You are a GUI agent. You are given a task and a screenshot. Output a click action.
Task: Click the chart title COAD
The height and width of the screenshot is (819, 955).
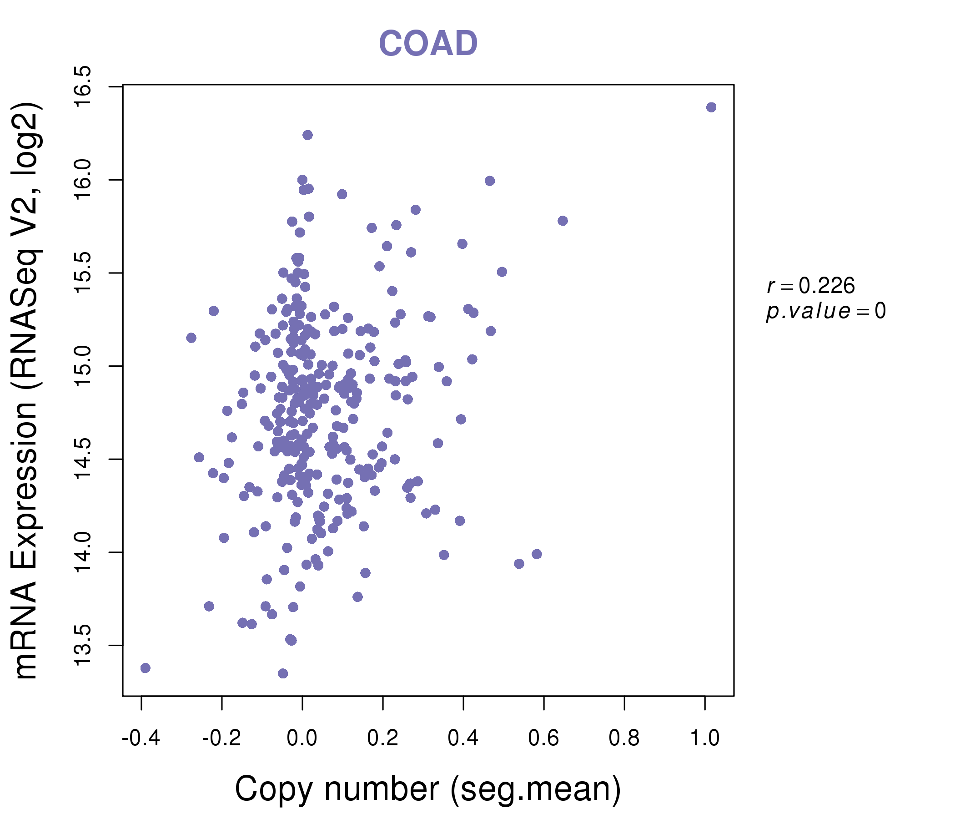tap(428, 44)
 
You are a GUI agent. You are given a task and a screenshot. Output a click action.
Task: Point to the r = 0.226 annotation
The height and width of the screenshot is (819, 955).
tap(811, 286)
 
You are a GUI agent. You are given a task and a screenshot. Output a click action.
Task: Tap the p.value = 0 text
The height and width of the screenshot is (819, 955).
tap(825, 311)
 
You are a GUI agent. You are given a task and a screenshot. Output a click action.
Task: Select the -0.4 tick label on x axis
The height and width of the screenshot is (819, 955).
tap(141, 738)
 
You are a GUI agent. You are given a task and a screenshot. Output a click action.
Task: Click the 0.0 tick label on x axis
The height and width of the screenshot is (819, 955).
tap(302, 738)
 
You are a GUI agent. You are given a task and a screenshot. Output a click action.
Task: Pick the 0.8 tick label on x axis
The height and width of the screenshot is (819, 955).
tap(624, 738)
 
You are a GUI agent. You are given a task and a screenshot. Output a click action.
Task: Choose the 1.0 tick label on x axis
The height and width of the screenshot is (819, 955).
tap(704, 738)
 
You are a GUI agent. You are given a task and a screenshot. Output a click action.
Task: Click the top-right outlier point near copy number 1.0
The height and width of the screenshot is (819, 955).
tap(711, 107)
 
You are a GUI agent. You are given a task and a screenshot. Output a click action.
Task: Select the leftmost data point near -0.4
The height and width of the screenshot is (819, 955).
tap(146, 668)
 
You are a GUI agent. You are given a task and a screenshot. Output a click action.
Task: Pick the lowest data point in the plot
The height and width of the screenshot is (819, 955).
tap(283, 674)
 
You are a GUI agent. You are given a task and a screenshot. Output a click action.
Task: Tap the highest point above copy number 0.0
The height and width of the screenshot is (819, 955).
tap(308, 135)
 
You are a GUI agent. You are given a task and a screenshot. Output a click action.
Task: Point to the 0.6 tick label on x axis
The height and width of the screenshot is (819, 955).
tap(543, 738)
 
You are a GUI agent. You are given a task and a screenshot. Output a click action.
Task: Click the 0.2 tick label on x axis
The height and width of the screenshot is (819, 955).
tap(382, 738)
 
